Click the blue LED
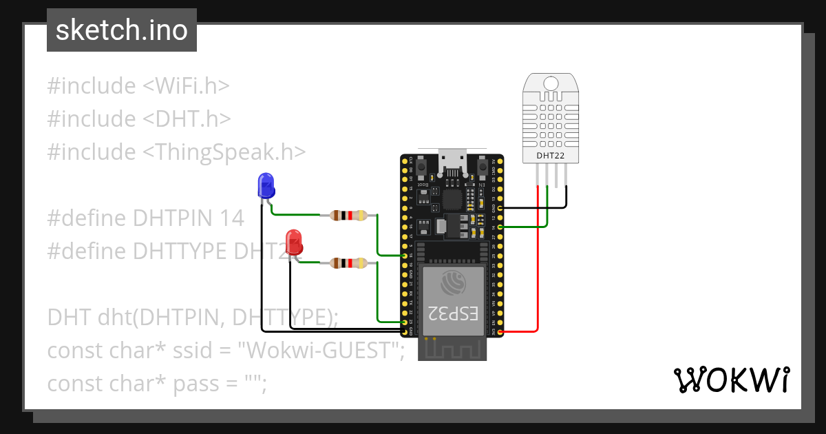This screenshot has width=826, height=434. pos(265,185)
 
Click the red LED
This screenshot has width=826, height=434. pos(294,242)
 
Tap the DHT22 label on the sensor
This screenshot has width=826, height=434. pos(551,156)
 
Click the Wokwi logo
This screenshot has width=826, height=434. pos(732,380)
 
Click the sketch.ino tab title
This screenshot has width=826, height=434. pos(121,31)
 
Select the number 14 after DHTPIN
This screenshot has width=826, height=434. pos(231,218)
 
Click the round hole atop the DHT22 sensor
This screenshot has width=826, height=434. pos(551,83)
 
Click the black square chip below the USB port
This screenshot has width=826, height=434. pos(452,200)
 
